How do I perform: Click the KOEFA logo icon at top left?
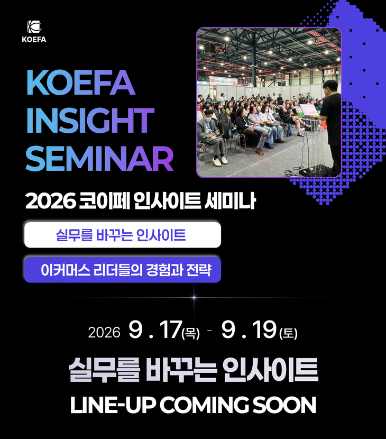click(34, 27)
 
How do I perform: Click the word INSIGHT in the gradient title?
click(90, 121)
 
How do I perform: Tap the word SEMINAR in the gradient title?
click(99, 159)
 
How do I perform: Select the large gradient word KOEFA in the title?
click(81, 83)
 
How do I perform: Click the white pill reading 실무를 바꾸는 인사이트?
click(123, 235)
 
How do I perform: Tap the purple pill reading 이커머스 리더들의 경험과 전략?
click(123, 270)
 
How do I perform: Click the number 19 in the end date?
click(264, 330)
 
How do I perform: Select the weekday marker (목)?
click(191, 333)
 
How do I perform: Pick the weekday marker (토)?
click(288, 333)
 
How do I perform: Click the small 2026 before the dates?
click(104, 333)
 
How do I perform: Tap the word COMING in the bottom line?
click(204, 405)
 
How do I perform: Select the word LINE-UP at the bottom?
click(113, 405)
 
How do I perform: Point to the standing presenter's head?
click(330, 88)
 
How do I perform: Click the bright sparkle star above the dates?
click(194, 297)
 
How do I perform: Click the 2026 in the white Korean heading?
click(51, 201)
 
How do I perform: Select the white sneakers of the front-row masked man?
click(220, 161)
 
